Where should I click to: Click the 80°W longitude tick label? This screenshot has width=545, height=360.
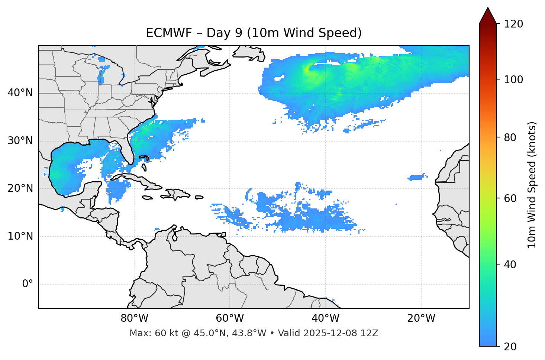(x=134, y=318)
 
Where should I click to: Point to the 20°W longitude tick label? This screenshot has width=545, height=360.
(x=421, y=318)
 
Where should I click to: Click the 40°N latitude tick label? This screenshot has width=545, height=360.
(x=20, y=93)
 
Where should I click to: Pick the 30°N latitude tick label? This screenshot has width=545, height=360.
(x=20, y=141)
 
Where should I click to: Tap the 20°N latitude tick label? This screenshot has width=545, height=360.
(x=20, y=188)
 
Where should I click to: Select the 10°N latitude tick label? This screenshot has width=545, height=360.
(x=20, y=236)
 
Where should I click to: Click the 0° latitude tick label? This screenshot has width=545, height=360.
(x=28, y=284)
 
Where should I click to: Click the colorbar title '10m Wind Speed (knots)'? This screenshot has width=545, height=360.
(x=532, y=185)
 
